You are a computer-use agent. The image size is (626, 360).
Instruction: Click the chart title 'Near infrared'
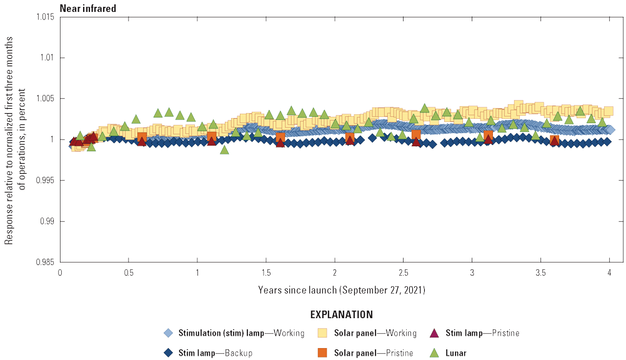point(87,8)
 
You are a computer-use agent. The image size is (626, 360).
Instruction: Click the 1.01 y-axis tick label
point(47,57)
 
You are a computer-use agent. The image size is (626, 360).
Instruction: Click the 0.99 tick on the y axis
point(47,221)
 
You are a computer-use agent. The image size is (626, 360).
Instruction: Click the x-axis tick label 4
point(610,273)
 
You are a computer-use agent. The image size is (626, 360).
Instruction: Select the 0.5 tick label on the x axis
point(129,273)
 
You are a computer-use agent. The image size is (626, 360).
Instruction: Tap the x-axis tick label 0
point(60,273)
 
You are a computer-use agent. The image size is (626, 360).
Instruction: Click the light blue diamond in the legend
point(167,333)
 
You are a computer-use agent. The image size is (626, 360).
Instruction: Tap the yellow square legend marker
point(323,333)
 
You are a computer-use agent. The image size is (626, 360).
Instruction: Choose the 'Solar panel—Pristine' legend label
point(374,353)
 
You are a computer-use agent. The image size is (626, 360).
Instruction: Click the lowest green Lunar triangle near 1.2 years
point(224,149)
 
